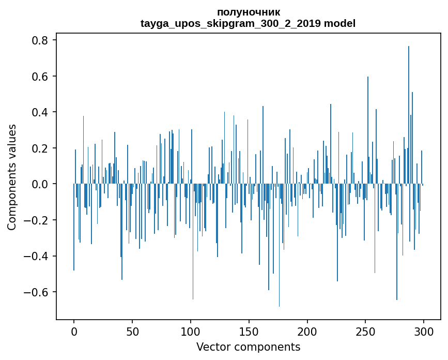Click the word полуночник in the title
pyautogui.click(x=249, y=12)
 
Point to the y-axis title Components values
pyautogui.click(x=12, y=177)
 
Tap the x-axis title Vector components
pyautogui.click(x=248, y=347)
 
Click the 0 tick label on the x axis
pyautogui.click(x=74, y=331)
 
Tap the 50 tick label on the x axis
pyautogui.click(x=132, y=331)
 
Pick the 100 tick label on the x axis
pyautogui.click(x=191, y=331)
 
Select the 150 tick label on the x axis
pyautogui.click(x=249, y=331)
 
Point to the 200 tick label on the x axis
pyautogui.click(x=307, y=331)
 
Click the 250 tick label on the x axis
pyautogui.click(x=366, y=331)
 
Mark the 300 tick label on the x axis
pyautogui.click(x=424, y=331)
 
